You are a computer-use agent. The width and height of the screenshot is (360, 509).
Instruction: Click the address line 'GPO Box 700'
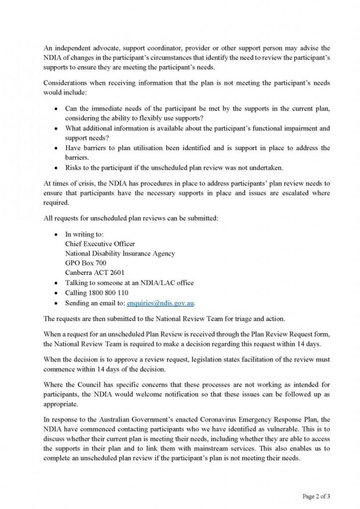86,263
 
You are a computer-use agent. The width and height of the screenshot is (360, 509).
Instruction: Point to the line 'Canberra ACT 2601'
94,272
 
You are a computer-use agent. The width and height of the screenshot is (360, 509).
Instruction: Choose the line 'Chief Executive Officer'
100,244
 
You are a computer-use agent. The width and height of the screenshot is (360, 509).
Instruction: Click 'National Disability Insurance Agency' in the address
120,254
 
